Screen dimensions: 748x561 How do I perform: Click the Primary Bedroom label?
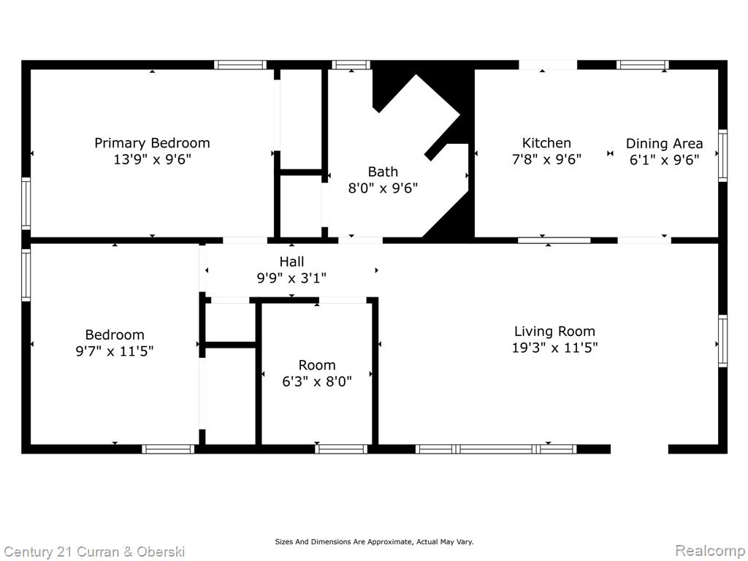[152, 143]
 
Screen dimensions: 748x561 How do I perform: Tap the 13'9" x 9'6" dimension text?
[152, 159]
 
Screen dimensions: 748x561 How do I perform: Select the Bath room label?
[383, 172]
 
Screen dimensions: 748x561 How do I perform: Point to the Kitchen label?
[546, 143]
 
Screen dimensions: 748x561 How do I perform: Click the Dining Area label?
[664, 144]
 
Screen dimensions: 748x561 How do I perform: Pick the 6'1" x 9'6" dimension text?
[664, 160]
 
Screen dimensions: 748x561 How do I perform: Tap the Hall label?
[291, 262]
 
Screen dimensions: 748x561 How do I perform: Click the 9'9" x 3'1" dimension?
[291, 278]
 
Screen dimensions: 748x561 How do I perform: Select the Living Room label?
[554, 332]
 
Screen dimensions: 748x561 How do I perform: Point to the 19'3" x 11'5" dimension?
[554, 348]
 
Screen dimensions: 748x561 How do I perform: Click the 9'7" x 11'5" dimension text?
[115, 351]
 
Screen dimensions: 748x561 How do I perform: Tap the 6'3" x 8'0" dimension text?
[317, 381]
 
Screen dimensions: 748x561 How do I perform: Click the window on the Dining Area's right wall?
[722, 156]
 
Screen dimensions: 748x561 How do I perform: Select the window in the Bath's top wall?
[351, 65]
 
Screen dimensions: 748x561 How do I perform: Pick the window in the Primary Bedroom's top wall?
[240, 65]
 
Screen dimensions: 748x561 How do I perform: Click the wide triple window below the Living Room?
[496, 449]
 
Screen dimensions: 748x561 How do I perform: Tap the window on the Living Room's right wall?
[722, 340]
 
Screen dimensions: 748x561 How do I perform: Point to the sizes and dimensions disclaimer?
[374, 541]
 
